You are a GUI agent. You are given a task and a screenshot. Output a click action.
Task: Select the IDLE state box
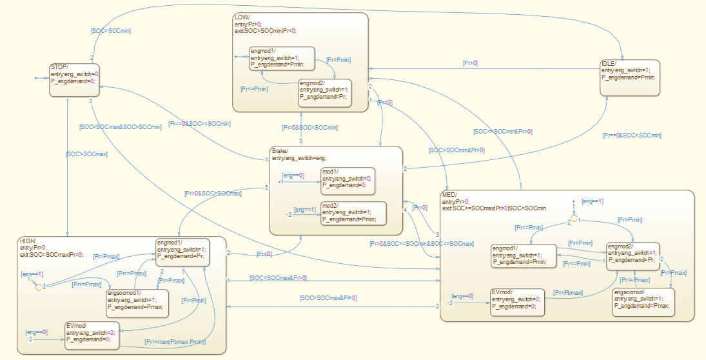pos(629,77)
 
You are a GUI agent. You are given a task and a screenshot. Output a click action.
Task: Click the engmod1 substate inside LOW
pos(282,58)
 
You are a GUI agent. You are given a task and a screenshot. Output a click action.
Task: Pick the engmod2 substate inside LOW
pos(325,92)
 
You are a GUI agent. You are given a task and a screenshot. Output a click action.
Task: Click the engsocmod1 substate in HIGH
pos(137,303)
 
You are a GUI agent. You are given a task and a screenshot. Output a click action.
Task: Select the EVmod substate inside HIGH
pos(92,335)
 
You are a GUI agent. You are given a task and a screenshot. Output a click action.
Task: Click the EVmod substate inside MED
pos(517,302)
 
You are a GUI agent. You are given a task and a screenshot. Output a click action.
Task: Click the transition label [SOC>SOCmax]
pos(86,154)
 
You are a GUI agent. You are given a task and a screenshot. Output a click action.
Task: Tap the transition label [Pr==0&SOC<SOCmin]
pos(632,135)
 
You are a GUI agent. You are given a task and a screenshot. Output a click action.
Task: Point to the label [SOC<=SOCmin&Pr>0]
pos(503,132)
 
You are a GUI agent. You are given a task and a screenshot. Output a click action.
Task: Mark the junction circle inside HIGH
pos(39,286)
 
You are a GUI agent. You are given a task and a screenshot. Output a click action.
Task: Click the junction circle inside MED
pos(574,219)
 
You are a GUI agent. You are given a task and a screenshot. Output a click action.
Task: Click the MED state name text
pos(449,194)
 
